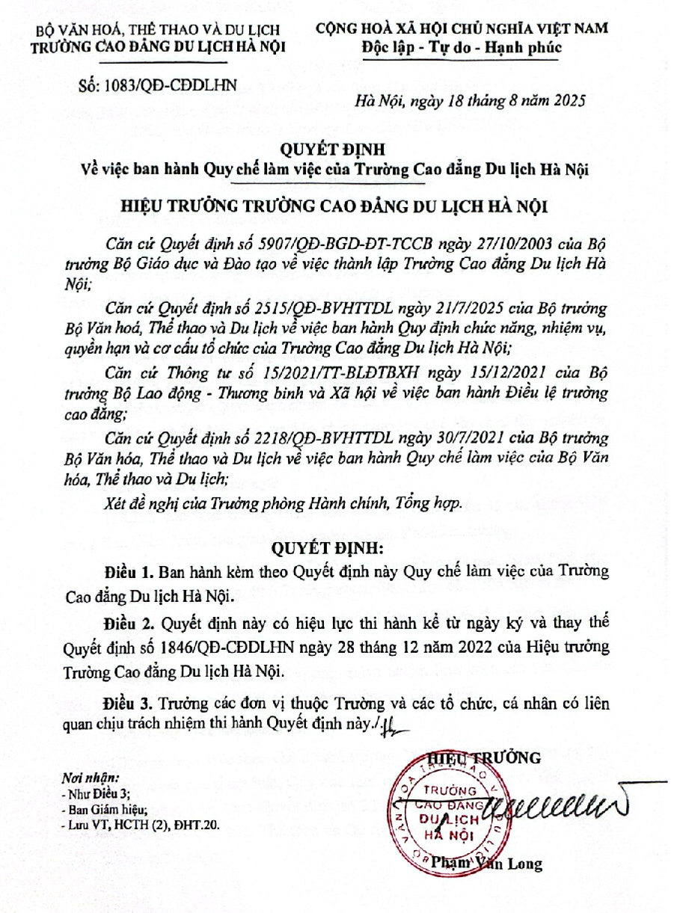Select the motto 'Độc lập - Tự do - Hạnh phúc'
point(461,48)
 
